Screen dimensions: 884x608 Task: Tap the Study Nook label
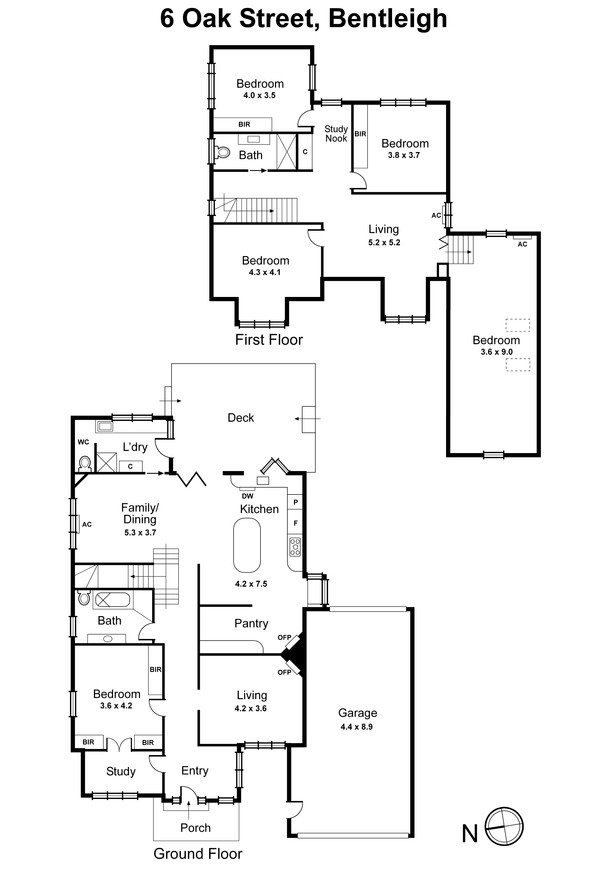pos(336,134)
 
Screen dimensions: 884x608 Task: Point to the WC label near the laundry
pos(83,442)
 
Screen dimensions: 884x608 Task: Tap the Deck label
pos(240,418)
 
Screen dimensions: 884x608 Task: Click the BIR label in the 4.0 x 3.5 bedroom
pos(244,124)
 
